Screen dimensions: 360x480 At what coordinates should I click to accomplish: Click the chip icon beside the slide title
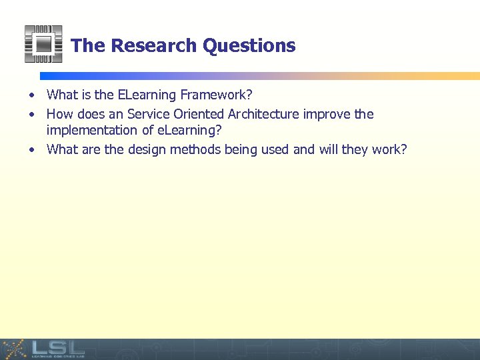43,44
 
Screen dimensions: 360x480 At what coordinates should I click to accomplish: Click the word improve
327,114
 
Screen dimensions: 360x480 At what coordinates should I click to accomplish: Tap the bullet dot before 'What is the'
32,97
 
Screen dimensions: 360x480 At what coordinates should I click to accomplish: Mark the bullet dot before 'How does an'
32,115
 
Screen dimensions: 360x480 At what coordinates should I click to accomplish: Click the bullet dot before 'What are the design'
32,149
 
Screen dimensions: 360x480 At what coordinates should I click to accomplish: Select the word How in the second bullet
59,114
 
